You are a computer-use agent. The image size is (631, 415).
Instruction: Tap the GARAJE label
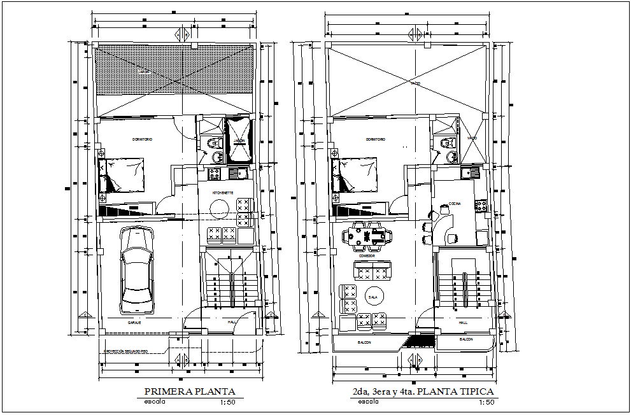tap(134, 323)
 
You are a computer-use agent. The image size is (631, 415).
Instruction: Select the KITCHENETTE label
tap(222, 192)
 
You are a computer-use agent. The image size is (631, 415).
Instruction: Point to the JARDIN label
tap(239, 141)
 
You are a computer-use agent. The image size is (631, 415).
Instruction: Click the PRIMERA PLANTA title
tap(190, 391)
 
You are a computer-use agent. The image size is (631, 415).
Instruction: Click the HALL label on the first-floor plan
tap(231, 323)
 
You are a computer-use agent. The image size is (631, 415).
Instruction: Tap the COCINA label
tap(454, 204)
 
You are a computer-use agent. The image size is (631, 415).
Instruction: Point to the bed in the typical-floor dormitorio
tap(354, 176)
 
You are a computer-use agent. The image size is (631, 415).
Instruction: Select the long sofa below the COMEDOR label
tap(372, 272)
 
